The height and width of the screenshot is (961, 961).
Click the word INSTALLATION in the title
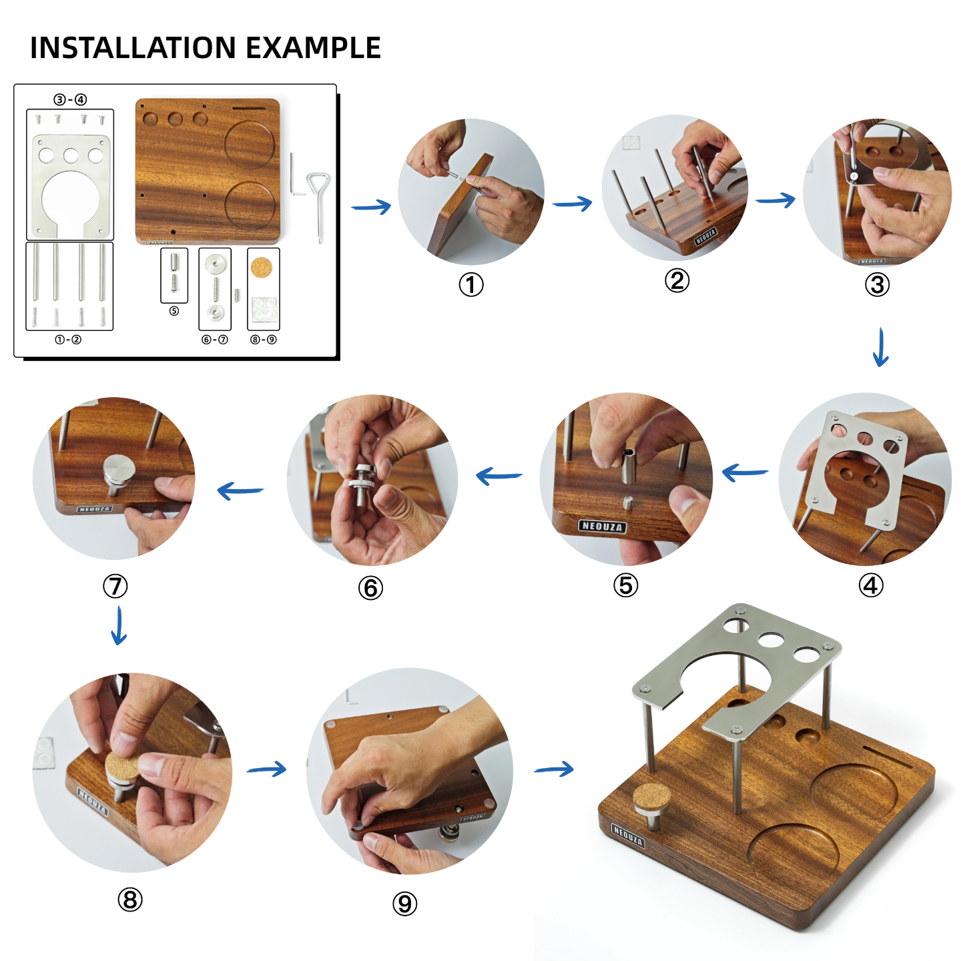point(133,48)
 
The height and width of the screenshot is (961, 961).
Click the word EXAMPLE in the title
point(313,48)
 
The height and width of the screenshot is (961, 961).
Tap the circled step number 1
point(471,285)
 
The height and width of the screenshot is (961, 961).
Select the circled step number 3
point(877,285)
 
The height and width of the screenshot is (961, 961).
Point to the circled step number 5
point(625,585)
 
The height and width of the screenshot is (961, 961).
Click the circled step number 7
point(115,586)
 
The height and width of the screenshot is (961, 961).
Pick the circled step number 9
point(404,904)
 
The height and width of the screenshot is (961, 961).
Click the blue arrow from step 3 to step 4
point(881,347)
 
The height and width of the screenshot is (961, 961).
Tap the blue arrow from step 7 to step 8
point(119,625)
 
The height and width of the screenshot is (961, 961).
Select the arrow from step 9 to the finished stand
point(554,769)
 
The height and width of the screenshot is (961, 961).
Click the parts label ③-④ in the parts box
point(70,99)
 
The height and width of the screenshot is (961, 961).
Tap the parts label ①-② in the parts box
point(68,340)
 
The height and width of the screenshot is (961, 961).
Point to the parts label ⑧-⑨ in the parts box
point(263,340)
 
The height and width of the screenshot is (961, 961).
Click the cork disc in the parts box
point(261,268)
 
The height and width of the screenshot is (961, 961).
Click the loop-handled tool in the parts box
point(320,200)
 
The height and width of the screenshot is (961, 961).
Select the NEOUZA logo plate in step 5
point(602,527)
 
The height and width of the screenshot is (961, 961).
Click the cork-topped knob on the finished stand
point(651,799)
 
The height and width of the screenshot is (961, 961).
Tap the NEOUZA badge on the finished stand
point(628,835)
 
